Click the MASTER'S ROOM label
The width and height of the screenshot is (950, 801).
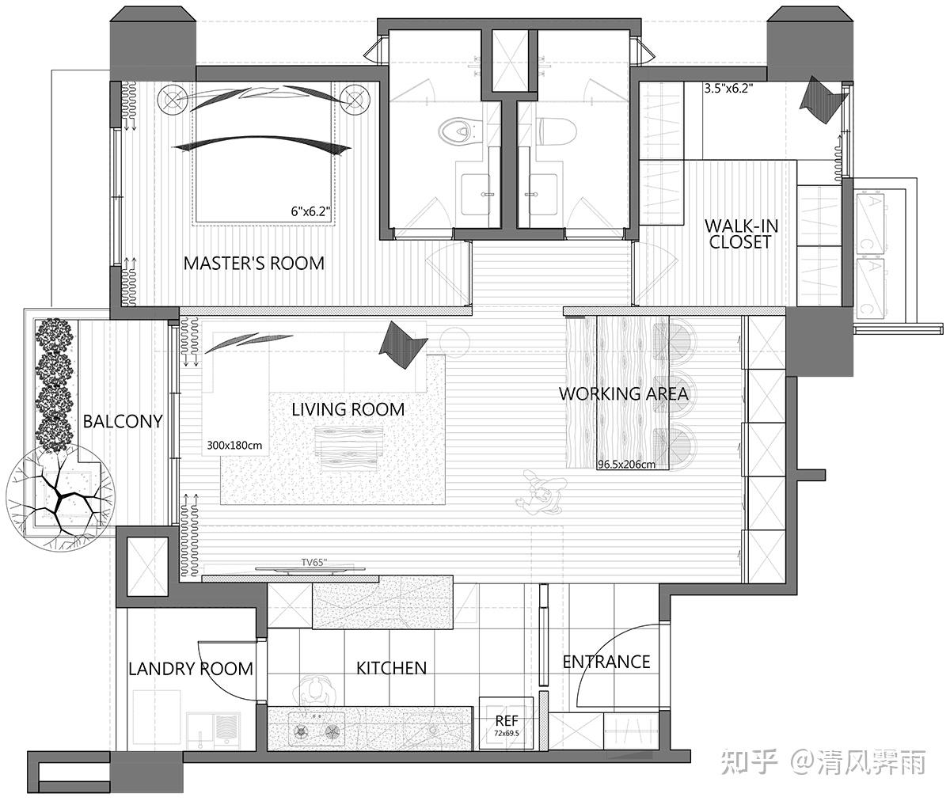point(253,264)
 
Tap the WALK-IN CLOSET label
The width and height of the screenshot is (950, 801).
point(741,233)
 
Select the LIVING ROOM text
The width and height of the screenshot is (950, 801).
point(348,409)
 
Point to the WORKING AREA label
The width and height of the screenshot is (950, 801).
point(623,393)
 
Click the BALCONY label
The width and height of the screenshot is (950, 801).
point(123,421)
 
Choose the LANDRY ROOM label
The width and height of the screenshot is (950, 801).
point(191,669)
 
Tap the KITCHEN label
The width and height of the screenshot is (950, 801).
point(391,668)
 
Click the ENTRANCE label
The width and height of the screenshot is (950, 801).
point(606,662)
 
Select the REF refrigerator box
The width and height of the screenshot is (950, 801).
point(506,723)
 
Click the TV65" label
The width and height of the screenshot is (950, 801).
point(314,563)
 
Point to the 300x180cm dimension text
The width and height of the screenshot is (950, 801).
point(234,446)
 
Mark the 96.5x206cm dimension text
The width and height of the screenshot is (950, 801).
point(626,465)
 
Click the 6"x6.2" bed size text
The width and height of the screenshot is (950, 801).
point(310,211)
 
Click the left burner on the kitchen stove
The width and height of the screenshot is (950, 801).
point(301,732)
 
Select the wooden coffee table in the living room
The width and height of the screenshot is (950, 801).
point(349,449)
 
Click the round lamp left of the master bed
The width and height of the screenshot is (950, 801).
point(172,100)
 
